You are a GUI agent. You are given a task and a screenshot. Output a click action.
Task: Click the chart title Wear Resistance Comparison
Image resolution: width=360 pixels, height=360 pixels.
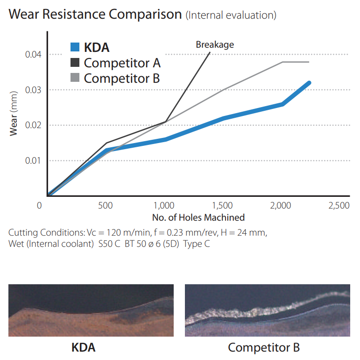coord(95,14)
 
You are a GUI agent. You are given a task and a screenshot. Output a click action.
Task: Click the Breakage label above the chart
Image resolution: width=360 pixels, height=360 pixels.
coord(215,45)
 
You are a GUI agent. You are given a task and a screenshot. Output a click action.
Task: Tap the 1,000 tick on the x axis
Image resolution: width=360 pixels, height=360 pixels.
coord(164,206)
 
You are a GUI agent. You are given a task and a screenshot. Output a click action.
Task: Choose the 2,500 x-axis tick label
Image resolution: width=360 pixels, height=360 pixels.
coord(339,206)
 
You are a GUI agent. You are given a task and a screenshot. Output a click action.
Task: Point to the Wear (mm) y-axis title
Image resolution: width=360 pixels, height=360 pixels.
coord(14,114)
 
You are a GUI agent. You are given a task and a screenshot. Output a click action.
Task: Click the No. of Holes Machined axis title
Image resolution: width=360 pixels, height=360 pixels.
coord(198,217)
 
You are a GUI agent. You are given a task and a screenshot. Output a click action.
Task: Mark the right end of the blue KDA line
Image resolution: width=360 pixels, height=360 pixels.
coord(309,83)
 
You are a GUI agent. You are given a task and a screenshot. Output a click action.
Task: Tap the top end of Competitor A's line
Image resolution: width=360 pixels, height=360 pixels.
coord(210,53)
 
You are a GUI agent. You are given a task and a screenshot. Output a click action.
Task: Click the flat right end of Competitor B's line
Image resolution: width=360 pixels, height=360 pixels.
coord(308,62)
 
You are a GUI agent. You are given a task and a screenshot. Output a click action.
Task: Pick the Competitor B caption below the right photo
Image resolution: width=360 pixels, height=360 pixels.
coord(264,347)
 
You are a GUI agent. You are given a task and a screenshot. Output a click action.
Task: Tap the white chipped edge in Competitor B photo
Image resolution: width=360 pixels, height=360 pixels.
coord(261,306)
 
